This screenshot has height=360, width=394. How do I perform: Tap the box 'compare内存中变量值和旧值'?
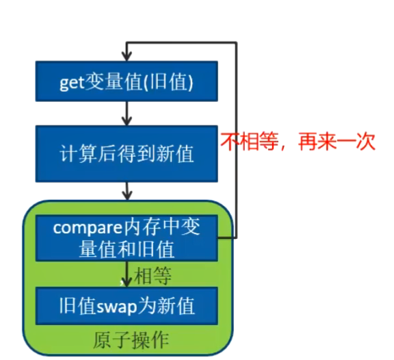pos(127,237)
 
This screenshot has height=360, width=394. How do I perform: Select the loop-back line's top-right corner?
pos(236,43)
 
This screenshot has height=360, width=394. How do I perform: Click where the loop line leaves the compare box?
pos(219,237)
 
